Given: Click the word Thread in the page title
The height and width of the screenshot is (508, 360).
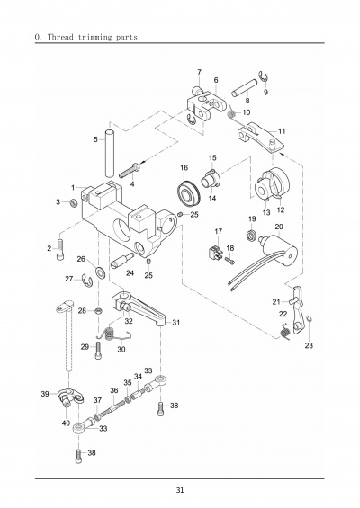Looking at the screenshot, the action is click(x=60, y=37).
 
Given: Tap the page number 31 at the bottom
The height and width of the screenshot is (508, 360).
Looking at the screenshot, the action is click(x=180, y=490).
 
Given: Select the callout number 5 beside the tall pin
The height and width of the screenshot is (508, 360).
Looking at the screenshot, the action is click(x=95, y=139).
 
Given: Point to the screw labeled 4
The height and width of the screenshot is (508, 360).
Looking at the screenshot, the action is click(x=130, y=171).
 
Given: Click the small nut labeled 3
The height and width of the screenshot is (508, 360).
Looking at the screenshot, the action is click(x=74, y=203).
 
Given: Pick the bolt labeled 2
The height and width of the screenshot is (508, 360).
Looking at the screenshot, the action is click(x=60, y=249).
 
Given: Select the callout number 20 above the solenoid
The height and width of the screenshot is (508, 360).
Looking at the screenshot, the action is click(x=279, y=227).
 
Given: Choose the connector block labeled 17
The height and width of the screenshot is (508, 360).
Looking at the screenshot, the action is click(x=214, y=254).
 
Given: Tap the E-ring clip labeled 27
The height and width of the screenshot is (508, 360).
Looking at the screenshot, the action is click(x=87, y=281).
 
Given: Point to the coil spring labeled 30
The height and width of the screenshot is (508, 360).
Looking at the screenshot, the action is click(x=113, y=336).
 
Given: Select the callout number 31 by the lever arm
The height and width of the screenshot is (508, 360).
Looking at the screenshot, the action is click(x=176, y=323).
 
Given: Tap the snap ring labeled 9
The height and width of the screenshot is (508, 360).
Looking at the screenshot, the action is click(x=264, y=76).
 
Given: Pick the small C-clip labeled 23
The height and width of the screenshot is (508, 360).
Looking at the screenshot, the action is click(x=310, y=320).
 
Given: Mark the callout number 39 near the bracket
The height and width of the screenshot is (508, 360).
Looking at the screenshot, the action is click(x=45, y=394).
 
